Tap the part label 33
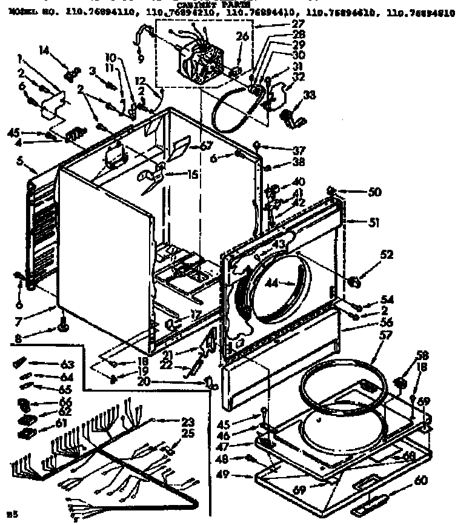[309, 95]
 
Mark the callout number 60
[420, 480]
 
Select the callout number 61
[61, 423]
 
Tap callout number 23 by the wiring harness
[188, 422]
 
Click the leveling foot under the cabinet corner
[62, 329]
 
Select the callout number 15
[193, 174]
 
